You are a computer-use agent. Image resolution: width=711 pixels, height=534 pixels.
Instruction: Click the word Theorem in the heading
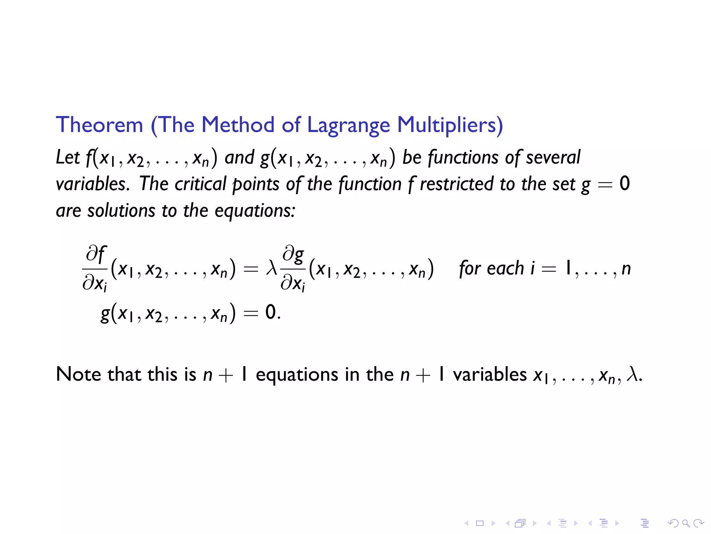[99, 125]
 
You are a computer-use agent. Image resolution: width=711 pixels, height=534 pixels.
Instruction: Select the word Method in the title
[238, 125]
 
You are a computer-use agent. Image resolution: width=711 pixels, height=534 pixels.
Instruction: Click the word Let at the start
[68, 157]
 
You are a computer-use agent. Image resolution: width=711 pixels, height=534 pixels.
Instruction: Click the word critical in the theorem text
[200, 184]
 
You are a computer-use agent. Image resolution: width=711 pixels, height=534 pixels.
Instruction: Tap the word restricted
[457, 184]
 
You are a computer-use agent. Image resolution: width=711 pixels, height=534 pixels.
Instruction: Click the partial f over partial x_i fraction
[95, 268]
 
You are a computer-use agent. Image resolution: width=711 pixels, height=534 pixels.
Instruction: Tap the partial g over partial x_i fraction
[293, 268]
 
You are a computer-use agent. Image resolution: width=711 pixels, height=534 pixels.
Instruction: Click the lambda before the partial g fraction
[271, 268]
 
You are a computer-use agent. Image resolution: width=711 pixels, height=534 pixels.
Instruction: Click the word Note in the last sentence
[79, 374]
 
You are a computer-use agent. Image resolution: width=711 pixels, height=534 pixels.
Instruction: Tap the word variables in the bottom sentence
[490, 374]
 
